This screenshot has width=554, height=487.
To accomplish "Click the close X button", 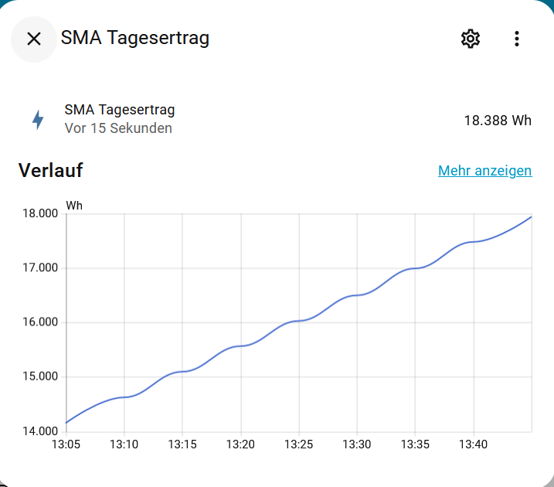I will click(33, 39).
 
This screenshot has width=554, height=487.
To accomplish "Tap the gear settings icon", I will click(470, 39).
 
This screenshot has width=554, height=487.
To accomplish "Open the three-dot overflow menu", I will click(517, 39).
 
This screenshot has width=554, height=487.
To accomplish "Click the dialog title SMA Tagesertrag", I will click(135, 38).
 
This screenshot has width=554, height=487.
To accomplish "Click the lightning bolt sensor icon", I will click(37, 120).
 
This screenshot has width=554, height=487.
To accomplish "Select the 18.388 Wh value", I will click(498, 121).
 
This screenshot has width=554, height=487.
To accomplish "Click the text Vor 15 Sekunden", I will click(118, 128).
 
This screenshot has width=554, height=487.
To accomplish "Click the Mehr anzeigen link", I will click(484, 171).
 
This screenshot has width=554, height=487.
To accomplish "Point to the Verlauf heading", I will click(50, 170).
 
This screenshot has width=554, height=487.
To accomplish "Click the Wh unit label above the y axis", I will click(74, 205).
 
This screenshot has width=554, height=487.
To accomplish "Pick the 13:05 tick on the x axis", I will click(66, 444).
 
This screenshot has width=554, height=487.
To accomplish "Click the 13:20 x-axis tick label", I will click(240, 444).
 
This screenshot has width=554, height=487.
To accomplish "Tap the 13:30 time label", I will click(356, 444).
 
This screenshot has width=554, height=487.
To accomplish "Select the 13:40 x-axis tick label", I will click(473, 444).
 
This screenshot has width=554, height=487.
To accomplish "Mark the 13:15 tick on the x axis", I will click(182, 444).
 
